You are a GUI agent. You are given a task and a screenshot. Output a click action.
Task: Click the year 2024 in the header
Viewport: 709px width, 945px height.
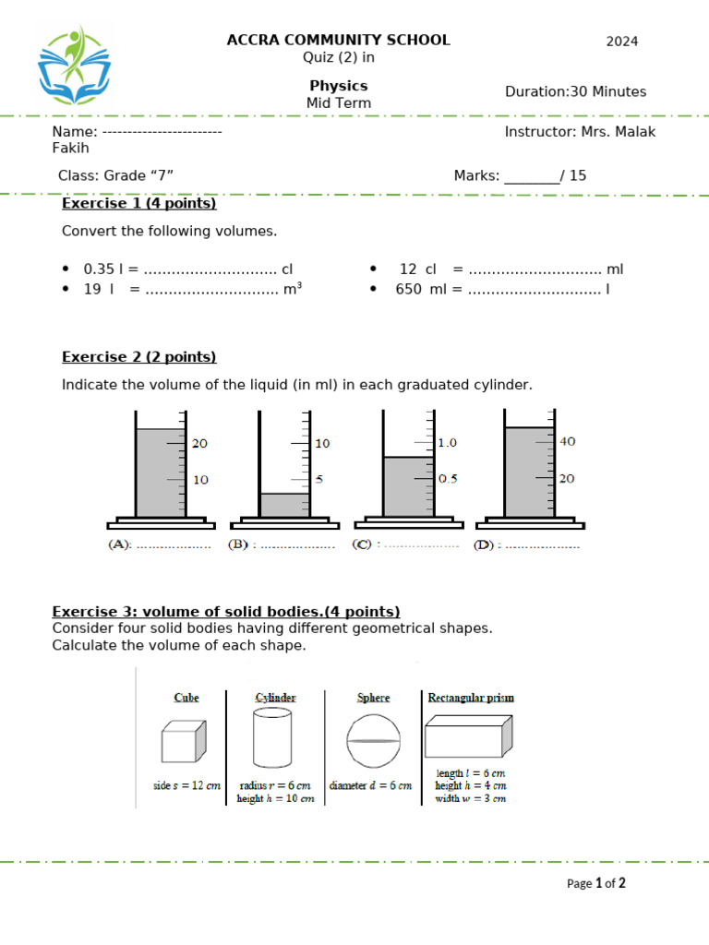click(621, 42)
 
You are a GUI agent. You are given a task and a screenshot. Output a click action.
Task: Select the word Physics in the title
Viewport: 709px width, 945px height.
click(339, 86)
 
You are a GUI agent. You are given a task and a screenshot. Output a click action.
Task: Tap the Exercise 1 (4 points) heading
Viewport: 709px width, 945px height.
click(138, 203)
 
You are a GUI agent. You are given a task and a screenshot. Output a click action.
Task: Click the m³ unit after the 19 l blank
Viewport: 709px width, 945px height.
click(293, 289)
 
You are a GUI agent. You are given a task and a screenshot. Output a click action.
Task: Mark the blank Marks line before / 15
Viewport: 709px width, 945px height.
click(532, 176)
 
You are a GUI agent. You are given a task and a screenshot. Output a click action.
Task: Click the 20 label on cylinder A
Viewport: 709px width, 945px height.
click(199, 444)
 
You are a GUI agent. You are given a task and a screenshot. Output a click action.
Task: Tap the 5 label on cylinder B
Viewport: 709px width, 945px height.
click(318, 480)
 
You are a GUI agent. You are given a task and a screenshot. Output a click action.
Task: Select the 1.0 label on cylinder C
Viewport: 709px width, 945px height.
click(448, 443)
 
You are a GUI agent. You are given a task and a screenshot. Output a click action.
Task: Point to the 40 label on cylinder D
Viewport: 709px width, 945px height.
click(568, 442)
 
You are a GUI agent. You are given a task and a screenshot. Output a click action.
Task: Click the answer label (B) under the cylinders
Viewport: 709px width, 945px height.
click(238, 545)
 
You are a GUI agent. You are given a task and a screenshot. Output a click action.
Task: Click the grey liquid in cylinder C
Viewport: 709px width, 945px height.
click(408, 486)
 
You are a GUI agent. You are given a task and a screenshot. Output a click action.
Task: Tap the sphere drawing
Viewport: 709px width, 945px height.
click(374, 741)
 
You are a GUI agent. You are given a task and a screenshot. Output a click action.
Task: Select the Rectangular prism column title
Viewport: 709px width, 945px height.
click(471, 698)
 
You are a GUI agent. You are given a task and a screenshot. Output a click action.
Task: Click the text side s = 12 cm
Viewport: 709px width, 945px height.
click(187, 786)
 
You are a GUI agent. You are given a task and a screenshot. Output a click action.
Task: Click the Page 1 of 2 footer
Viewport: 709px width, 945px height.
click(595, 883)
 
